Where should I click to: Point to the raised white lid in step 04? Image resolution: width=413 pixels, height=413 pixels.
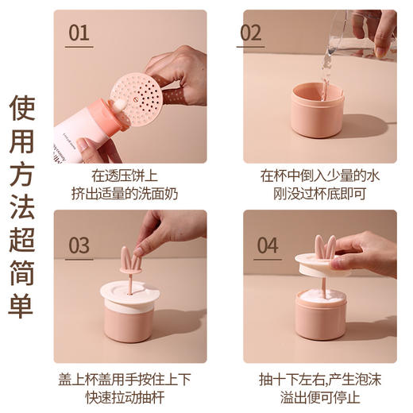(x=322, y=266)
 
